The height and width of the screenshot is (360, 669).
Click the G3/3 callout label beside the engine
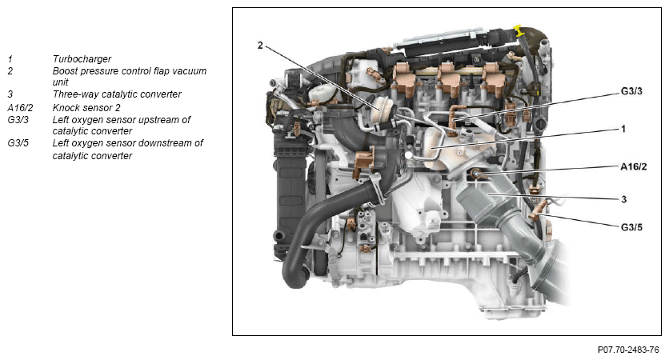click(631, 91)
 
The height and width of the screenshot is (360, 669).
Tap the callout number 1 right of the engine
click(623, 129)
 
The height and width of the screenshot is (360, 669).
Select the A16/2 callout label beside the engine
click(633, 166)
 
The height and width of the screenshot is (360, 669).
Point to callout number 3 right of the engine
click(623, 199)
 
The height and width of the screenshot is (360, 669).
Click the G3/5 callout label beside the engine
click(631, 227)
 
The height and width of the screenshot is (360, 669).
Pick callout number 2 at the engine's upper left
click(260, 46)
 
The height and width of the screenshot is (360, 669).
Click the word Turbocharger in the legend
click(82, 59)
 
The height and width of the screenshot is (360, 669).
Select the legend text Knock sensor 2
click(86, 107)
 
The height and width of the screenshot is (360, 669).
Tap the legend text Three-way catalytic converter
click(117, 94)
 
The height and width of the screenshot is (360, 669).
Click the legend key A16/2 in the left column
click(20, 107)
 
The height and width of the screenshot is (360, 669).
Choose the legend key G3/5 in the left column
click(18, 143)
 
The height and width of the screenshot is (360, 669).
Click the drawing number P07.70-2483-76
click(628, 350)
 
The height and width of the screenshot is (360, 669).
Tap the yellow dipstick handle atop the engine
click(519, 30)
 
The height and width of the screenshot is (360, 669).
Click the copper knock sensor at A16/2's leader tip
click(477, 173)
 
